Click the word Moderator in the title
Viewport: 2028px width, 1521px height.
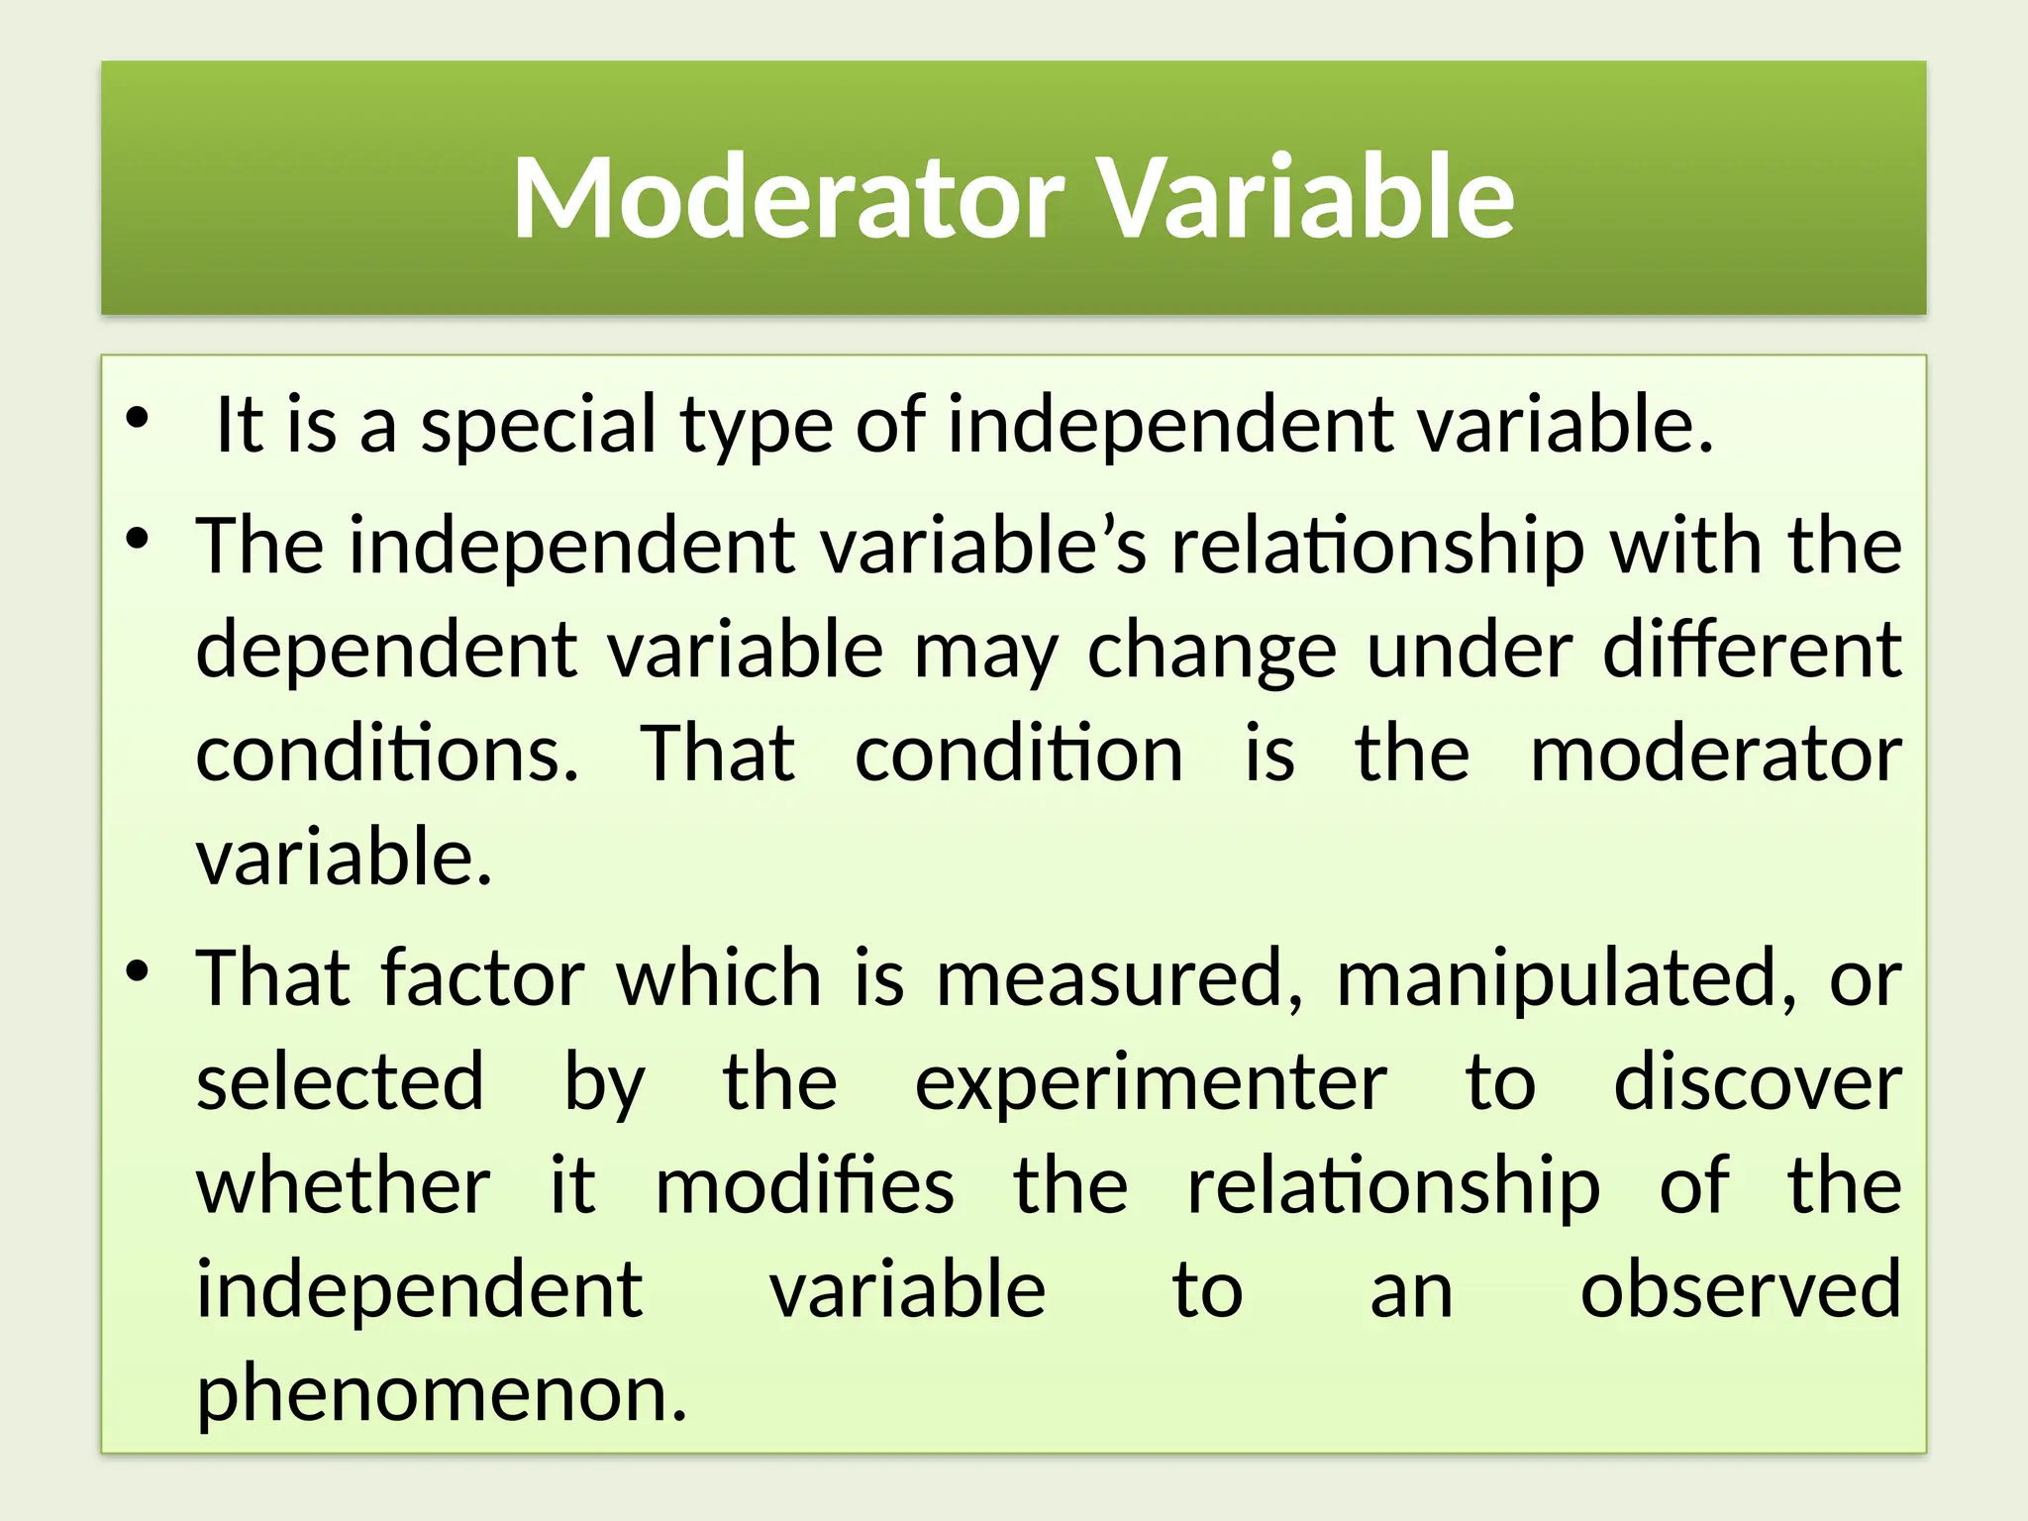788,197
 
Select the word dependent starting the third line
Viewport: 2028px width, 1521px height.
386,650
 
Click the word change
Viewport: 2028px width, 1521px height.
1212,652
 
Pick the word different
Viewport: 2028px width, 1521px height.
1752,650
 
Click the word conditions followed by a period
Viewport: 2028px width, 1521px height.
386,754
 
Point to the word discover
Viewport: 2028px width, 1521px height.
1758,1082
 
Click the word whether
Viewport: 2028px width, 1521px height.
343,1185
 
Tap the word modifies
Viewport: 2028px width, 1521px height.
805,1185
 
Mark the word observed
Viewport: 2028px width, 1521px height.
1740,1289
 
